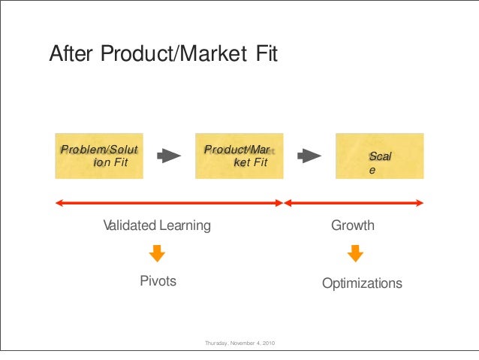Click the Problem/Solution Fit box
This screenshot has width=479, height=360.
[99, 156]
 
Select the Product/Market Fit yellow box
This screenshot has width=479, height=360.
[239, 156]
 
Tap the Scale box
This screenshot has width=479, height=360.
[379, 156]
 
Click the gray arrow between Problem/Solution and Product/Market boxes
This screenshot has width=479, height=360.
[169, 156]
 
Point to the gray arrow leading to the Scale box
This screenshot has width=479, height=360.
[309, 156]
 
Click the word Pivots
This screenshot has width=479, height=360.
[158, 281]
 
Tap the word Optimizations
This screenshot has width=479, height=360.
[362, 283]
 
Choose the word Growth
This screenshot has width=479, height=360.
[353, 225]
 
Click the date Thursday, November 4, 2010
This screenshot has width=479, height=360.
[239, 344]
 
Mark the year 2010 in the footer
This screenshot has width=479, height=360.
[268, 344]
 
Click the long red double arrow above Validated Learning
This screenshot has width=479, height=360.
[169, 202]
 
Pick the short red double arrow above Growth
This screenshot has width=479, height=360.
[354, 202]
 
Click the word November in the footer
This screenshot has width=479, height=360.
[242, 344]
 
